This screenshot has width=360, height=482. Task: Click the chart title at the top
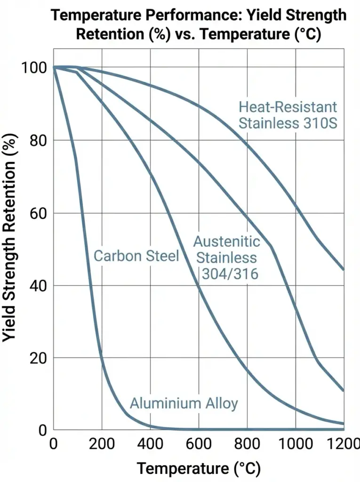tap(198, 24)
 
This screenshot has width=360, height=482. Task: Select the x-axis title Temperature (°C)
tap(198, 468)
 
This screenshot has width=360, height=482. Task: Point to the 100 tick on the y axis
tap(34, 68)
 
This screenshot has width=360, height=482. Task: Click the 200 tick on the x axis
tap(102, 444)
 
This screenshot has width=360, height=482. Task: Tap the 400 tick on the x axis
tap(150, 444)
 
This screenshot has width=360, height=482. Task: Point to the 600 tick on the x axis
tap(199, 444)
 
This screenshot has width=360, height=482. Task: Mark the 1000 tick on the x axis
tap(295, 444)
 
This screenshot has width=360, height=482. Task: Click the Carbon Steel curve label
tap(136, 256)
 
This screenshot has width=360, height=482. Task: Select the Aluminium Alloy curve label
tap(184, 403)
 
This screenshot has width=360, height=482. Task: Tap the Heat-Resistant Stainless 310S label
tap(288, 115)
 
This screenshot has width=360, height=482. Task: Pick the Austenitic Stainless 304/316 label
tap(227, 258)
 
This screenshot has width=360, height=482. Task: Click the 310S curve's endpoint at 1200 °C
tap(344, 269)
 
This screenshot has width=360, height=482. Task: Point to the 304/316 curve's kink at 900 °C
tap(272, 246)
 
